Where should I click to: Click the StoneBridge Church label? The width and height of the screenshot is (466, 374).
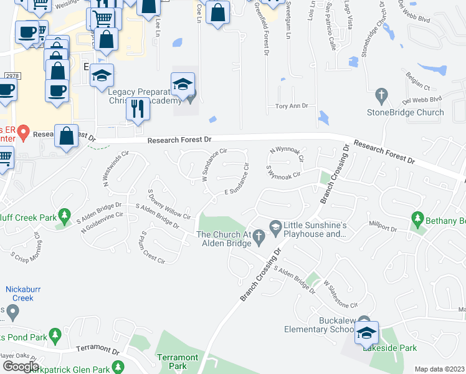405,113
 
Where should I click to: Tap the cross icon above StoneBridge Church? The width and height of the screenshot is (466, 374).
382,96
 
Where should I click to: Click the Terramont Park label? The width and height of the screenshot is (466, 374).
178,362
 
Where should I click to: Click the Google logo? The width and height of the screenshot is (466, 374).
20,367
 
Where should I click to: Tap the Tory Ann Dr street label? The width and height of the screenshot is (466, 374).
292,107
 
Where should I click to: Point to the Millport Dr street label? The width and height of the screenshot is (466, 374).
383,229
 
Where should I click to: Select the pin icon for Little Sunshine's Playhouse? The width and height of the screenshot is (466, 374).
274,225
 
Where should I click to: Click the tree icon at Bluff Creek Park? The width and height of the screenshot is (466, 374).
64,216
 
